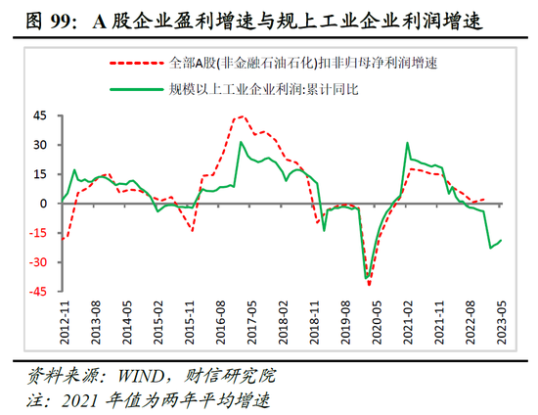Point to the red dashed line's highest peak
tap(241, 116)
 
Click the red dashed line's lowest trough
tap(370, 285)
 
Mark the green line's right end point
tap(502, 241)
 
